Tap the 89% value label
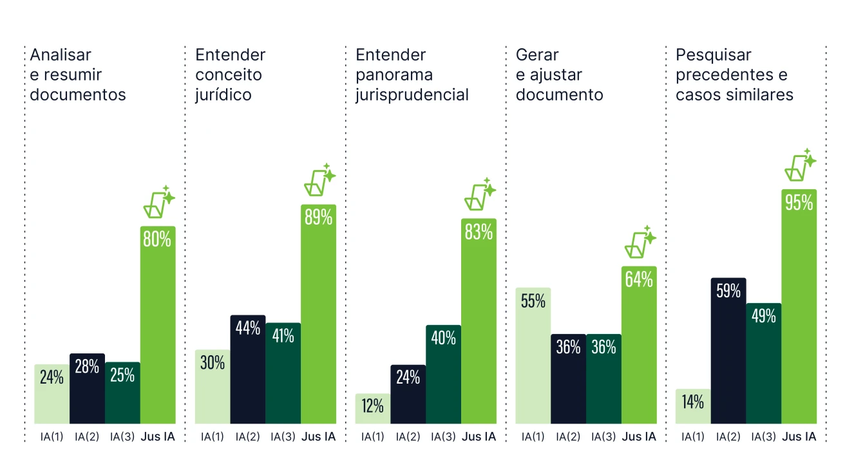pyautogui.click(x=318, y=217)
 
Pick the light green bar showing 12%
pyautogui.click(x=373, y=408)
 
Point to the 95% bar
pyautogui.click(x=799, y=309)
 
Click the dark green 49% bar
pyautogui.click(x=763, y=364)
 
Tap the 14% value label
pyautogui.click(x=693, y=402)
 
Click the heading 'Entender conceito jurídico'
pyautogui.click(x=230, y=75)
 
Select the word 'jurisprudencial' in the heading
pyautogui.click(x=412, y=95)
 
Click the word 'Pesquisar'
pyautogui.click(x=705, y=55)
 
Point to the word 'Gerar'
pyautogui.click(x=537, y=55)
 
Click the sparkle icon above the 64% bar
pyautogui.click(x=640, y=242)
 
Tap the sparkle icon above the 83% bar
pyautogui.click(x=480, y=194)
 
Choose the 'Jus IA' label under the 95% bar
pyautogui.click(x=799, y=437)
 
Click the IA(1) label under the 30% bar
pyautogui.click(x=213, y=437)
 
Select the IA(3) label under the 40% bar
pyautogui.click(x=443, y=437)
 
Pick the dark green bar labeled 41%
pyautogui.click(x=283, y=373)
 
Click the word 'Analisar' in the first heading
pyautogui.click(x=61, y=55)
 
